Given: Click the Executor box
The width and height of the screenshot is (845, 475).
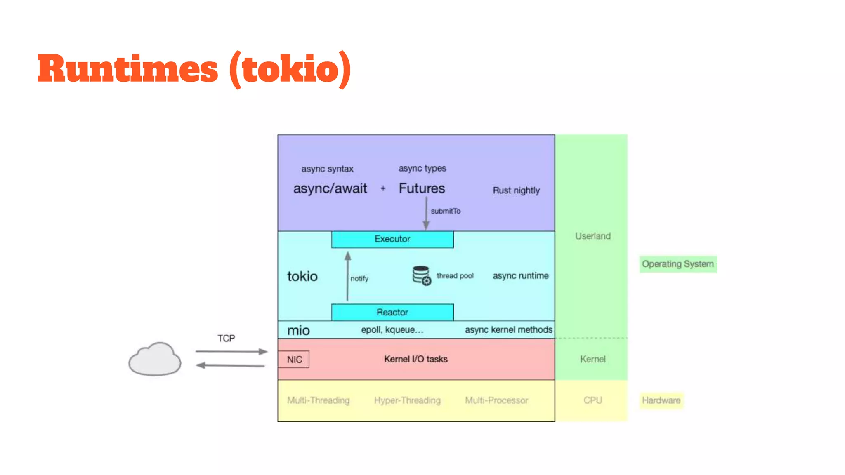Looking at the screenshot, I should [x=392, y=239].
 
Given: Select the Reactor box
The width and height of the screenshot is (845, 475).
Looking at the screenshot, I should [x=392, y=312].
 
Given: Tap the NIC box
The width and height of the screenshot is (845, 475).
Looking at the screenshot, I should [x=294, y=360].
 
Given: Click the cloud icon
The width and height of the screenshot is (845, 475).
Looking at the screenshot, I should [x=155, y=359].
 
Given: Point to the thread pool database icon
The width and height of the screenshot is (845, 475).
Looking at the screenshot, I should [x=422, y=275].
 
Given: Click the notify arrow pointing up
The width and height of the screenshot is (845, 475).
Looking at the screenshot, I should [x=348, y=276].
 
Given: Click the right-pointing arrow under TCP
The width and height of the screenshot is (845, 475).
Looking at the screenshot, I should [x=231, y=352].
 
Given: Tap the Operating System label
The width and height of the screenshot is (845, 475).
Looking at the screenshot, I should [x=678, y=264].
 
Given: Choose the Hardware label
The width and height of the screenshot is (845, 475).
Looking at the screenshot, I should [x=661, y=400].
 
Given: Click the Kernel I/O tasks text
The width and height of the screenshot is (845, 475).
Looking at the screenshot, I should [x=416, y=359].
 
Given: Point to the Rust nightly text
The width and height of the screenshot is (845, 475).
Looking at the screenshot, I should [x=516, y=190].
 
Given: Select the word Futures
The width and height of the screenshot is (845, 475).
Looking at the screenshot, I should [x=422, y=188].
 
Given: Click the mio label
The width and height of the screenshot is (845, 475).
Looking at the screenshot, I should [x=298, y=330].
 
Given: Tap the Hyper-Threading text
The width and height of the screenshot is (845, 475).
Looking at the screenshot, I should [x=407, y=400].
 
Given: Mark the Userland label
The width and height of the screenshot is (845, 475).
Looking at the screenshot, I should [x=593, y=236].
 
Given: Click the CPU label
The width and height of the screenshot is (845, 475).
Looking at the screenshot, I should [x=593, y=400].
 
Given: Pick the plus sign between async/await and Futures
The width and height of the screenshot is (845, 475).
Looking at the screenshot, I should [x=383, y=188].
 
